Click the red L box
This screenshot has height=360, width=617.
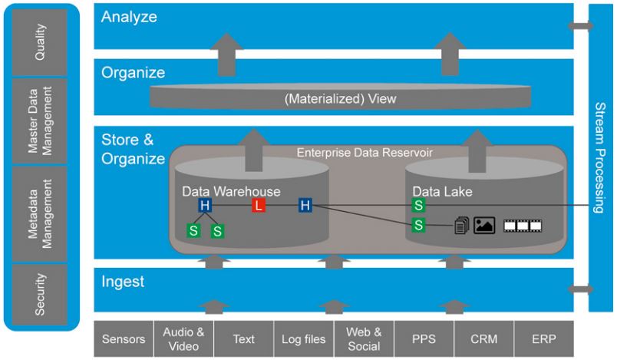coord(259,205)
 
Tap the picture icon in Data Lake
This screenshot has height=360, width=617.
coord(484,226)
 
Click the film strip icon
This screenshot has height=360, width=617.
coord(522,226)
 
